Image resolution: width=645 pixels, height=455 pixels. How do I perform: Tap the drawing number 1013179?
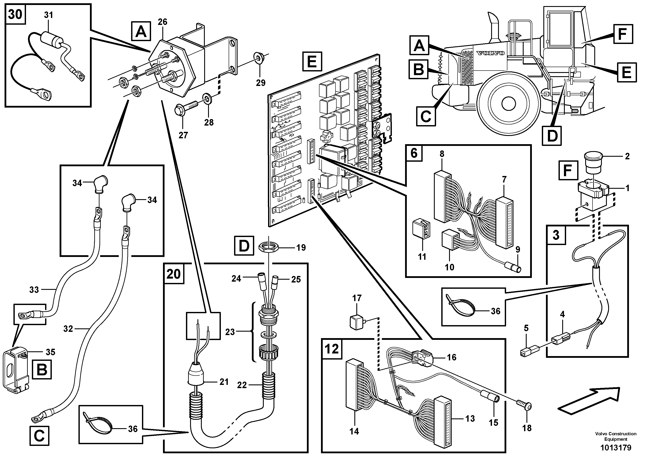[x=616, y=447]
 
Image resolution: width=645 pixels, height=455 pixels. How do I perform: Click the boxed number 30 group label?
[x=15, y=14]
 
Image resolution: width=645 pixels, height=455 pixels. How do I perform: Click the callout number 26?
[x=162, y=22]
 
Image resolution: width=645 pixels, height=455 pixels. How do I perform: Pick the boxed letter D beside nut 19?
[x=244, y=246]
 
